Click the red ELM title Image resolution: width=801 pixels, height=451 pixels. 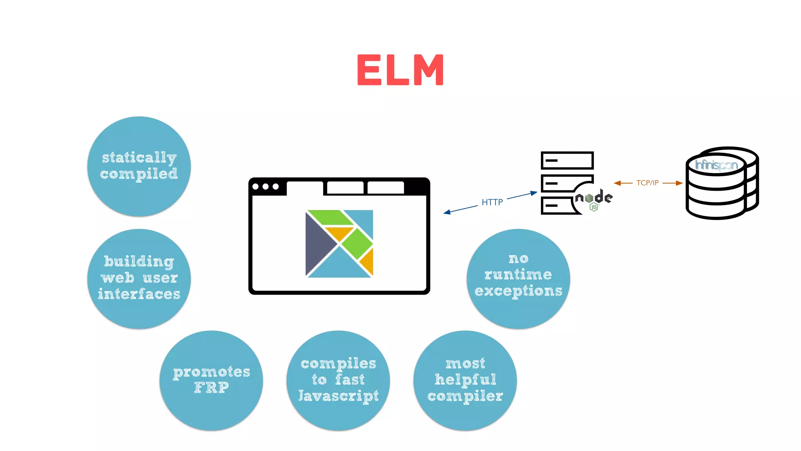click(400, 70)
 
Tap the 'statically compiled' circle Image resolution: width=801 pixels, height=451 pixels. click(139, 166)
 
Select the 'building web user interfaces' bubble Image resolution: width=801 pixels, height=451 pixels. click(139, 278)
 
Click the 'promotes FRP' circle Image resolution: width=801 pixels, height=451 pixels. click(211, 380)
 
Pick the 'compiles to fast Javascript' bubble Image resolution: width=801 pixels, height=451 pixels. click(338, 380)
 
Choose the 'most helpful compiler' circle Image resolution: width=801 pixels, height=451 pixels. click(465, 380)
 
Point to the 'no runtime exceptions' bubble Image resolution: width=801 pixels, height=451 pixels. click(518, 278)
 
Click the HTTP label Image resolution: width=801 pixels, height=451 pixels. click(492, 202)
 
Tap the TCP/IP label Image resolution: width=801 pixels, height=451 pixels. click(647, 183)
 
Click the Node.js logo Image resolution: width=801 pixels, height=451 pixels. click(593, 199)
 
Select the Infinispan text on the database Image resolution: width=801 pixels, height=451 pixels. click(716, 165)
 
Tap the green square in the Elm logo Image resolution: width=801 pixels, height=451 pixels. click(357, 244)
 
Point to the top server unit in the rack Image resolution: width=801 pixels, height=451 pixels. click(567, 161)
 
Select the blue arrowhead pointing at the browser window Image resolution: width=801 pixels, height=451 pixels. click(447, 212)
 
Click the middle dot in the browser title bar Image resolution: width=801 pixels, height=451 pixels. click(266, 186)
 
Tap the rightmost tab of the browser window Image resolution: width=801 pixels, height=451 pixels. click(385, 188)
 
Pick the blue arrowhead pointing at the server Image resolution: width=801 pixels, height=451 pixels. click(534, 193)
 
